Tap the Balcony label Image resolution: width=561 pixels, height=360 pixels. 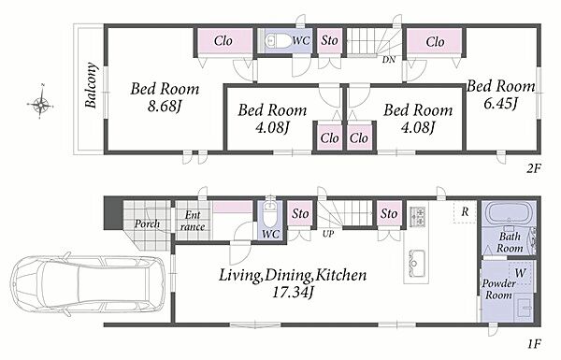click(92, 85)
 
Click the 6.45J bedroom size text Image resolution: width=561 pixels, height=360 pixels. click(500, 104)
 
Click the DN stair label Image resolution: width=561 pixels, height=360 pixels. click(389, 60)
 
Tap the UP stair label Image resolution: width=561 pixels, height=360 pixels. click(328, 234)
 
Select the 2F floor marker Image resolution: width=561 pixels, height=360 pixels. click(533, 167)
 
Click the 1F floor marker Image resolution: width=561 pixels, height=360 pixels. click(533, 344)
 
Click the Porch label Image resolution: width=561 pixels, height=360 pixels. click(147, 224)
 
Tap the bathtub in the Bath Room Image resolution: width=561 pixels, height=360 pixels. click(508, 213)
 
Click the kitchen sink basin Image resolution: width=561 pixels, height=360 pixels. click(416, 263)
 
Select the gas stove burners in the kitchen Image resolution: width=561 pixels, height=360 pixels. click(417, 216)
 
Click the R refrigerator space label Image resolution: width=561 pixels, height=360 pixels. click(465, 212)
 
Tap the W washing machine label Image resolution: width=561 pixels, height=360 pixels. click(520, 273)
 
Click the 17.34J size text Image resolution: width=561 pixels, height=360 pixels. click(293, 293)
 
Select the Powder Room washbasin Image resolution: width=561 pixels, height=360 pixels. click(525, 307)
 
